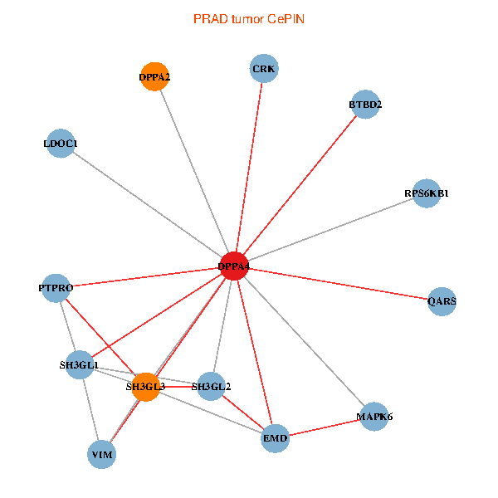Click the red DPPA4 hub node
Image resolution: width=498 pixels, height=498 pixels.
[234, 266]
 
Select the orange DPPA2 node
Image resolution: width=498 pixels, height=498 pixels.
[155, 77]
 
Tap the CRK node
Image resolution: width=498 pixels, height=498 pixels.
[264, 68]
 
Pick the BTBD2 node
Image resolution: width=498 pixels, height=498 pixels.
[365, 105]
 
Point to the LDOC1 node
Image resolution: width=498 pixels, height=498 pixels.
[61, 144]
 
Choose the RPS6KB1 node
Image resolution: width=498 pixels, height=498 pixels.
[426, 193]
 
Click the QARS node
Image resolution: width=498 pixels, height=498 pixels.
[442, 300]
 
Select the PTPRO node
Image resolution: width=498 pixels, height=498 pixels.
[56, 287]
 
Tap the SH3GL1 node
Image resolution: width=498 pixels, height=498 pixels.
[79, 365]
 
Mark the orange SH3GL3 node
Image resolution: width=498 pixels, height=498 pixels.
[145, 387]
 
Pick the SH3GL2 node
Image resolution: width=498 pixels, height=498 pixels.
[211, 386]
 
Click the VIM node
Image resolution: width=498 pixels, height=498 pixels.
[102, 454]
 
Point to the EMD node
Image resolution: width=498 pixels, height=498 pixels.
[275, 437]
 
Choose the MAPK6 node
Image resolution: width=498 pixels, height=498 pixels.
[374, 417]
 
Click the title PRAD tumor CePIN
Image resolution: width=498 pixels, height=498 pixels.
[249, 18]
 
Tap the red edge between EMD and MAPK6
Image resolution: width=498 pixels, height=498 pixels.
[325, 427]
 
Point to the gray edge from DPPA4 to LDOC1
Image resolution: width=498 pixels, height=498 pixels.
[148, 205]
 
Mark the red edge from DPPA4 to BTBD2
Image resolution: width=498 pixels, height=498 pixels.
[300, 185]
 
